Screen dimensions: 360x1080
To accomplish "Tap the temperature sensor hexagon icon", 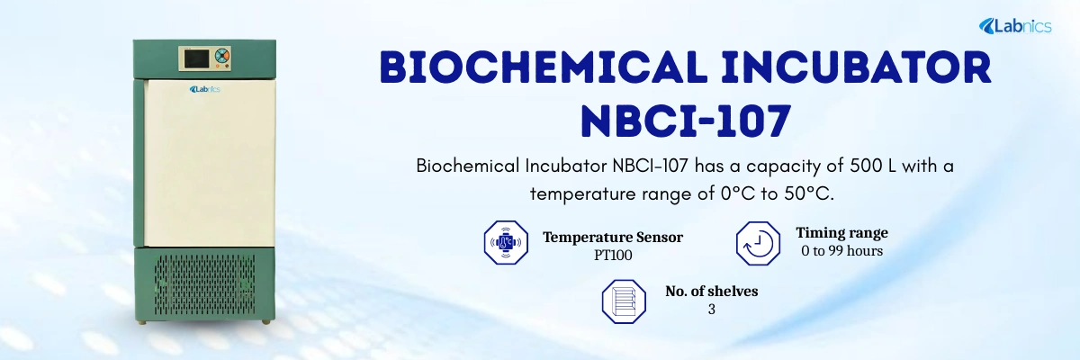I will coord(506,241).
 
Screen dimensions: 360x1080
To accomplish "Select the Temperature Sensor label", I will coord(612,238).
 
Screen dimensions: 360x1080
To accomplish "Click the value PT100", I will coord(612,255).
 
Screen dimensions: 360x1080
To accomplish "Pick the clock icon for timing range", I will coord(758,241).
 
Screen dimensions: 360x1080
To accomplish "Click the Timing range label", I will coord(841,232).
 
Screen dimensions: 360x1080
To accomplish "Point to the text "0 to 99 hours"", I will coord(841,250).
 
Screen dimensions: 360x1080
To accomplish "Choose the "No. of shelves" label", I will coord(711,292).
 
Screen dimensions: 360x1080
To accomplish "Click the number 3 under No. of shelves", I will coord(711,309).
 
